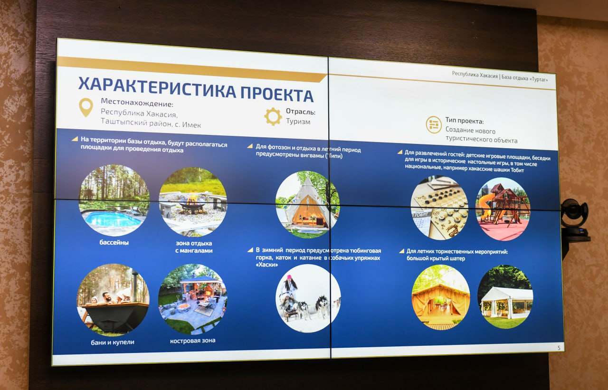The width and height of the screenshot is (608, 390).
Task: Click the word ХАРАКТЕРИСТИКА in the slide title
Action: [157, 87]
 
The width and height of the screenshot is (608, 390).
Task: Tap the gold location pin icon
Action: [86, 107]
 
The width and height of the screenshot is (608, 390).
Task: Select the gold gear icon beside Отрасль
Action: [273, 116]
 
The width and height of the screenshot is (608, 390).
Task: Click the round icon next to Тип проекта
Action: [434, 124]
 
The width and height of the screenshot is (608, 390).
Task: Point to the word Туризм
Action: [298, 121]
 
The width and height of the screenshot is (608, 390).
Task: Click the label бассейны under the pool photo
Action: [114, 242]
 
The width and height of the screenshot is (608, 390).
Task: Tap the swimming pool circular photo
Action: [114, 200]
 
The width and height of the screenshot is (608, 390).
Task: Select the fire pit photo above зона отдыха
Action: [193, 202]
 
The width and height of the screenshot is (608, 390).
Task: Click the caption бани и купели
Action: [113, 342]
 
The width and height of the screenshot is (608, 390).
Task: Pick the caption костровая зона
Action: [193, 340]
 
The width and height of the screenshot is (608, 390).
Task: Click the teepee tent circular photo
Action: [308, 204]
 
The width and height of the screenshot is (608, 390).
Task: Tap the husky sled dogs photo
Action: [308, 298]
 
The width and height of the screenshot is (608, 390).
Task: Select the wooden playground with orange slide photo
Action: [503, 209]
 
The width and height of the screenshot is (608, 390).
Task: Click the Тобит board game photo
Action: [439, 208]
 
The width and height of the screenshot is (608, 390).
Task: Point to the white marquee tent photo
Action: [505, 296]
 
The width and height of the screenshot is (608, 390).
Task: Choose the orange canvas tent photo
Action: [441, 297]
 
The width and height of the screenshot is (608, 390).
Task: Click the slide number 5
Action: [559, 348]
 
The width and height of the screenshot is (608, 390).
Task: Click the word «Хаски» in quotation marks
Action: [267, 265]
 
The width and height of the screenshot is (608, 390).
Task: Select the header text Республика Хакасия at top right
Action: [475, 75]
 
